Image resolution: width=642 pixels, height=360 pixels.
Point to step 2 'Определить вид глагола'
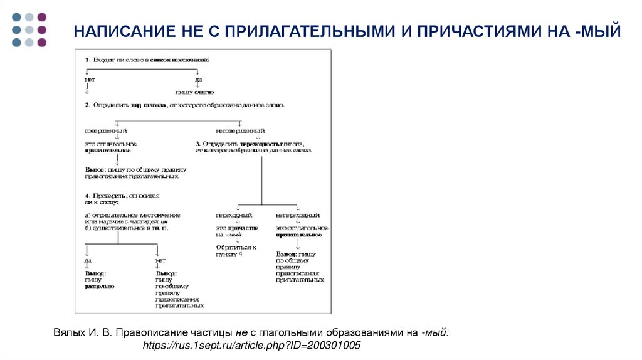tap(184, 105)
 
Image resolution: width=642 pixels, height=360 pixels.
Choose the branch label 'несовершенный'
tap(240, 131)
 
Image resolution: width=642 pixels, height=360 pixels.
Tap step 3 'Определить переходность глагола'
tap(254, 147)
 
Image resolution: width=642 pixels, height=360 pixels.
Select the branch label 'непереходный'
tap(298, 215)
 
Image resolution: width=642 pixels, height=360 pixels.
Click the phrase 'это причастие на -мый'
tap(234, 231)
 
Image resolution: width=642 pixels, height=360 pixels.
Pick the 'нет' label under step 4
tap(160, 260)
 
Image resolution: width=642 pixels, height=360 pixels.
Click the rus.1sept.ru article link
tap(252, 346)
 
